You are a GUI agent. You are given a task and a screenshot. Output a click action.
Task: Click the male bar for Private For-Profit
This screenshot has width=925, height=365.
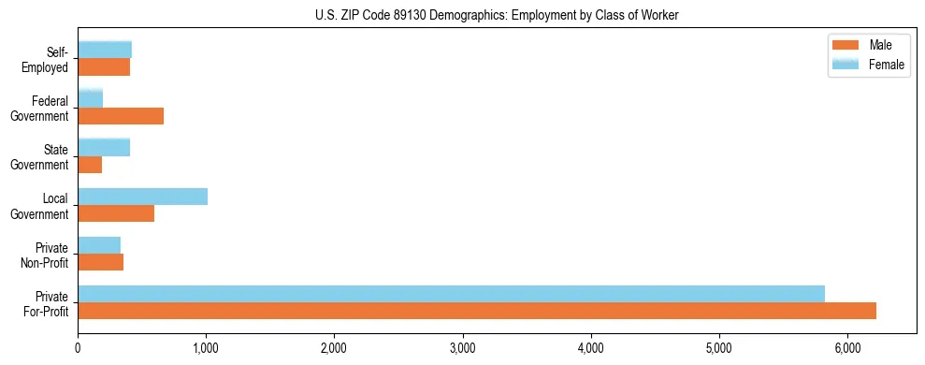(x=477, y=311)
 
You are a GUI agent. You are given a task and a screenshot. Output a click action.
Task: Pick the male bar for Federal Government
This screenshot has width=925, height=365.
(x=121, y=116)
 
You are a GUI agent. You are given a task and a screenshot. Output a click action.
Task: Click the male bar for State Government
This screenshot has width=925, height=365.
(x=90, y=165)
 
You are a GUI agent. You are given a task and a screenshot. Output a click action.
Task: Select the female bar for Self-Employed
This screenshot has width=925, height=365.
(x=105, y=50)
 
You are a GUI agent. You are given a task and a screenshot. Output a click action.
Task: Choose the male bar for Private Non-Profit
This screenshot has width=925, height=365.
(x=101, y=262)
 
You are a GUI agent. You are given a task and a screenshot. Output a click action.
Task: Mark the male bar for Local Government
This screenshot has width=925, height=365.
(x=116, y=213)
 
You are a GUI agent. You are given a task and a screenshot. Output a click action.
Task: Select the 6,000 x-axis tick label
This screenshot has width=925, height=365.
(x=847, y=347)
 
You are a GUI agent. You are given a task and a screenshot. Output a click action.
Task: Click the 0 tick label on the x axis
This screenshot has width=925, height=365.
(x=79, y=347)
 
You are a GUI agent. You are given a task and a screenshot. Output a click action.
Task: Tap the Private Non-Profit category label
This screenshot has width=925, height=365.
(x=47, y=255)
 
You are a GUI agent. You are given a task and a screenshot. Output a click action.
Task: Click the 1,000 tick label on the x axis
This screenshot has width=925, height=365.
(x=206, y=347)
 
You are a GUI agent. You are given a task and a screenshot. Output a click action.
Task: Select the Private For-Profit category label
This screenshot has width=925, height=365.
(x=46, y=303)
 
